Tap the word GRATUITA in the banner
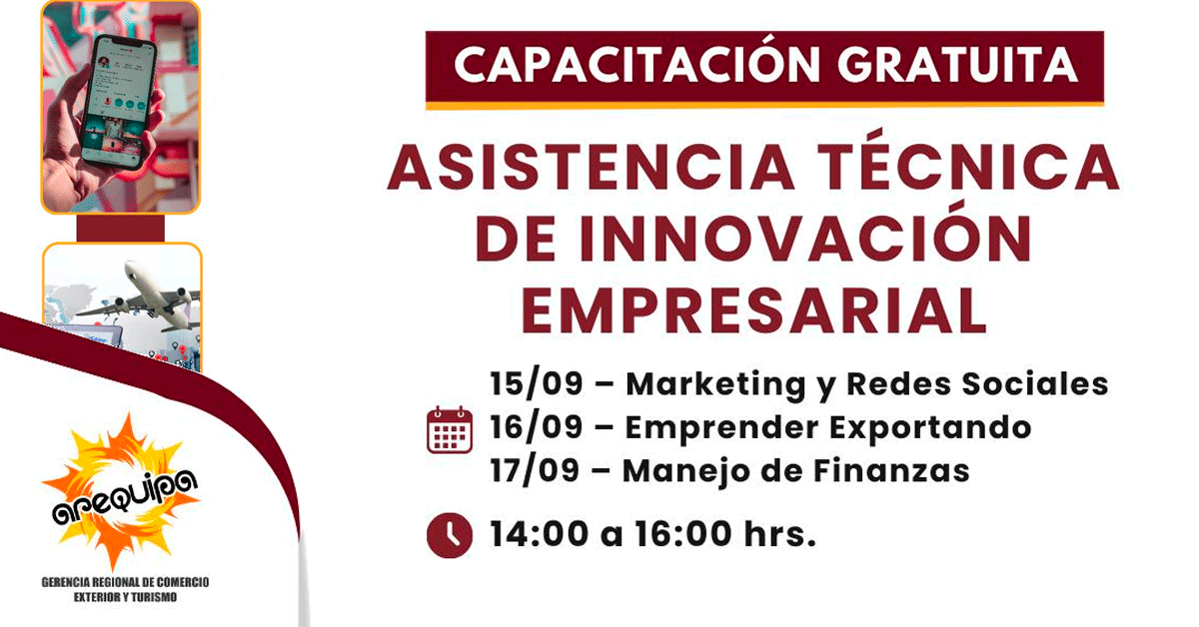coord(958,65)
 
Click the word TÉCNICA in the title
coord(969,160)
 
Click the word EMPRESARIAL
coord(753,311)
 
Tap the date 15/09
coord(537,383)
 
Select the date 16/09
coord(537,427)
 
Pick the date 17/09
coord(536,471)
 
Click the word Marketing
coord(715,385)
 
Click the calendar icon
coord(450,429)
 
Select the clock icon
coord(450,535)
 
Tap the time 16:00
coord(683,534)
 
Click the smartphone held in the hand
coord(119,102)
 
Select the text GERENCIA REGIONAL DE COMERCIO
coord(125,582)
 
